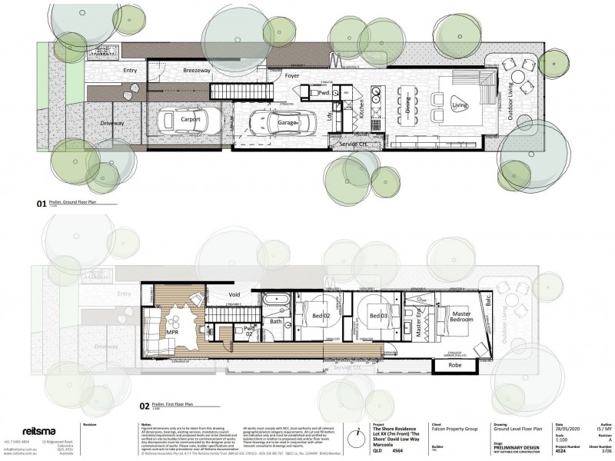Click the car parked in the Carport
(x=184, y=121)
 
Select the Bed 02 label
(x=320, y=316)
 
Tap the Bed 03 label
(x=376, y=316)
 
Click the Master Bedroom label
(x=460, y=317)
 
